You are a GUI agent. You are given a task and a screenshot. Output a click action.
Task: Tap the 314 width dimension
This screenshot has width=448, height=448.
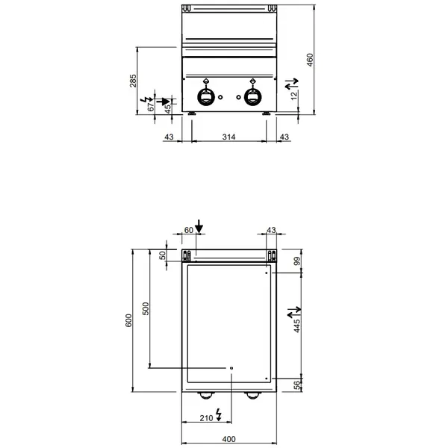228,137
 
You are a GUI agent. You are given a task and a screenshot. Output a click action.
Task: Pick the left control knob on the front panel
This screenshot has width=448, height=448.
207,96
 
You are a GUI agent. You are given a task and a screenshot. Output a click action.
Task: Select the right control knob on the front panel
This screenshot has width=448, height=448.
251,96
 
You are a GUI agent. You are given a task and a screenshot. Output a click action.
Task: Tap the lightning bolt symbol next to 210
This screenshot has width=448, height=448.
218,413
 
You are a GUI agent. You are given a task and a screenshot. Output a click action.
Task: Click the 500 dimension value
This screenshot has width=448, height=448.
146,307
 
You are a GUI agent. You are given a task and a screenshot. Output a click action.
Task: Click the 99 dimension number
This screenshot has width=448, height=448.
296,261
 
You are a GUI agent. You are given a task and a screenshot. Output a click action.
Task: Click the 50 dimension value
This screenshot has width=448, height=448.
164,255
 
